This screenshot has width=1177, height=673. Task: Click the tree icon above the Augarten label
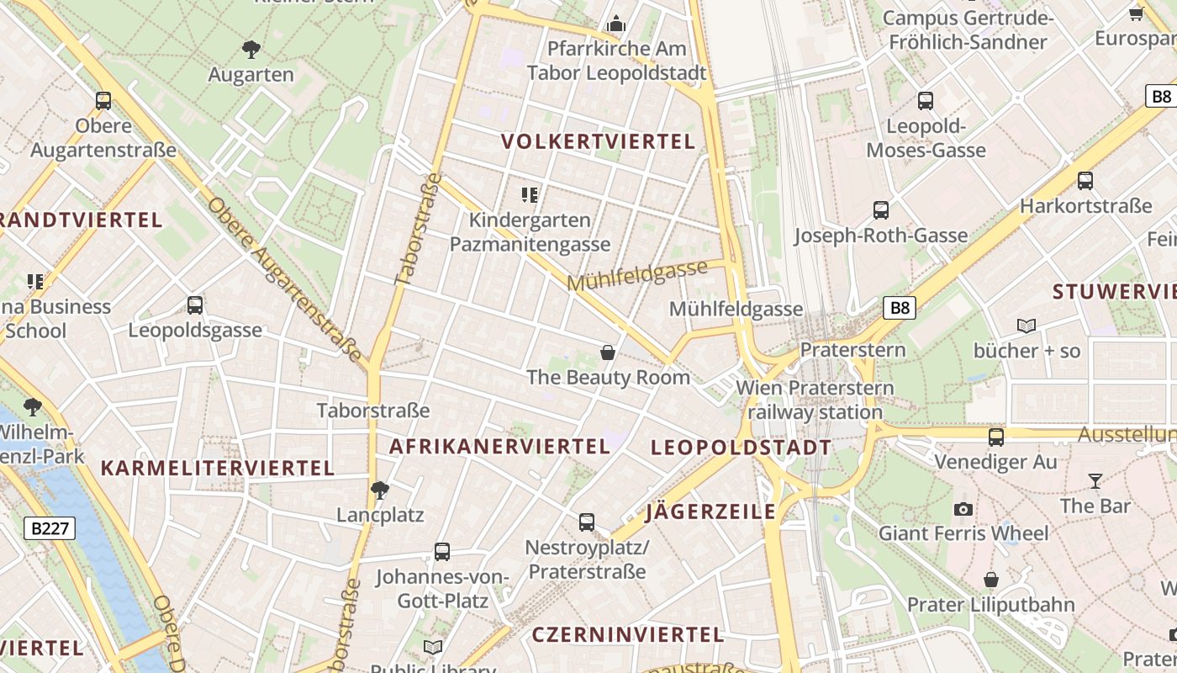pos(251,49)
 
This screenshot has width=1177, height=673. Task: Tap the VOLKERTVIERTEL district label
pos(599,141)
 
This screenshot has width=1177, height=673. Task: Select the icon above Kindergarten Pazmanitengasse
pos(530,195)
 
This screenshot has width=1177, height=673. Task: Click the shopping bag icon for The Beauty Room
pos(608,352)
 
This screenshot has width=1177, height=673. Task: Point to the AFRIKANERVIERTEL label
pos(499,447)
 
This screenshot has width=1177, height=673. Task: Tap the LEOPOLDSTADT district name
pos(742,448)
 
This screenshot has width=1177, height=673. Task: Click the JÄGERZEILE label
pos(710,511)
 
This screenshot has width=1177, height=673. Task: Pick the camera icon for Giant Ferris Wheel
pos(963,509)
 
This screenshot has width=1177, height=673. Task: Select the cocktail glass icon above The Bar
pos(1095,481)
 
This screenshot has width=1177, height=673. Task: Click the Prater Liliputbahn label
pos(991,605)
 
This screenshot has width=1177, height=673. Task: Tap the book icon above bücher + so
pos(1027,326)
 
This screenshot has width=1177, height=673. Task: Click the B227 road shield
pos(50,528)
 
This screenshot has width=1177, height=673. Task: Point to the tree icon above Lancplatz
pos(380,490)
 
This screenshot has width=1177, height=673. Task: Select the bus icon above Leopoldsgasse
pos(195,305)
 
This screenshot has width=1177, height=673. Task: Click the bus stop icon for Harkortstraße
pos(1085,181)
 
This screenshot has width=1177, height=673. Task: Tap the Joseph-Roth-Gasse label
pos(881,236)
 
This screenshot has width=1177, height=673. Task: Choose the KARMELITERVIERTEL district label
pos(218,468)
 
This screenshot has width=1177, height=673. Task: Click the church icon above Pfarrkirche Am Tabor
pos(616,24)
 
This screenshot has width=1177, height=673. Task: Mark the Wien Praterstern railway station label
pos(815,400)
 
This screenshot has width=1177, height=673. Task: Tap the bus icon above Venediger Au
pos(996,437)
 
